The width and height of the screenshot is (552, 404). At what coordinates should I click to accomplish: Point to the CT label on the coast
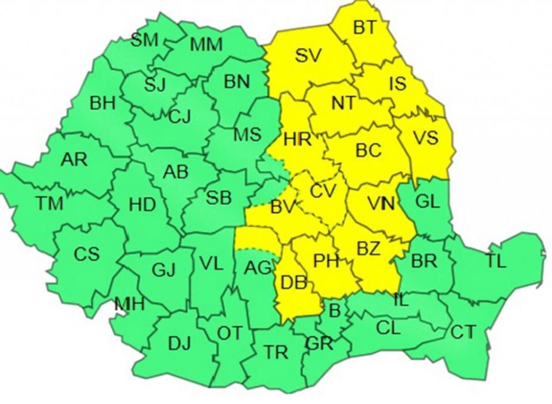[x=463, y=332]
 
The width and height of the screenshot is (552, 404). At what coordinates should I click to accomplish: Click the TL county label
[x=496, y=262]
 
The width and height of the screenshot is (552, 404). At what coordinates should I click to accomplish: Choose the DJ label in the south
[x=179, y=344]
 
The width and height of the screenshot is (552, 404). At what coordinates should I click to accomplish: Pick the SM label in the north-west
[x=144, y=40]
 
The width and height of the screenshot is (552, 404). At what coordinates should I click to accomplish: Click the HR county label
[x=297, y=139]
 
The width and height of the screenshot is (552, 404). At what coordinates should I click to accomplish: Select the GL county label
[x=427, y=201]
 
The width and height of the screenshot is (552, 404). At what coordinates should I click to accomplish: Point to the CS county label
[x=86, y=253]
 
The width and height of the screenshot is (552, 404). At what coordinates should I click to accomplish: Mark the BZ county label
[x=369, y=249]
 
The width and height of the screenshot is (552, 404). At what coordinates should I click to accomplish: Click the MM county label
[x=206, y=45]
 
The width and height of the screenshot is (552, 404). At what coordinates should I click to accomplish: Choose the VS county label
[x=425, y=138]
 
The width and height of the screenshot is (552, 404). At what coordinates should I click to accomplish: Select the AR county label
[x=74, y=159]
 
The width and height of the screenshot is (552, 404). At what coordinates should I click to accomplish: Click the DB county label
[x=293, y=283]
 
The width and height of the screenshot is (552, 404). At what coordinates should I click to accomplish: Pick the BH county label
[x=103, y=104]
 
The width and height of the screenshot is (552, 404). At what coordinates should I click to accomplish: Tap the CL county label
[x=388, y=328]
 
